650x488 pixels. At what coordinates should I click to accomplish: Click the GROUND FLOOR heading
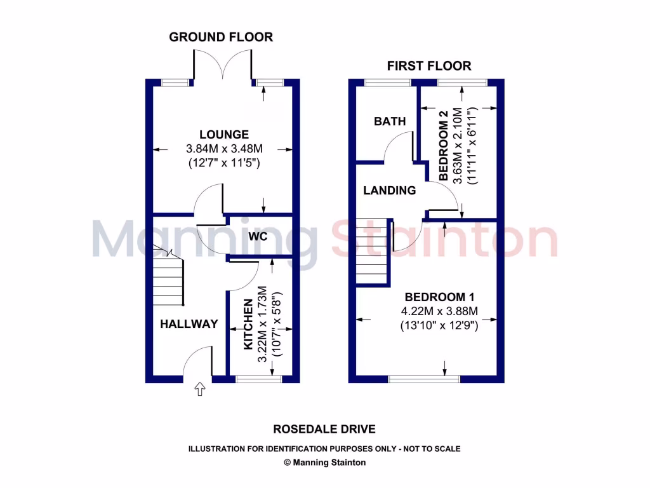(221, 37)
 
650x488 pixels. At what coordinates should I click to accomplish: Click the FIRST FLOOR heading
(429, 66)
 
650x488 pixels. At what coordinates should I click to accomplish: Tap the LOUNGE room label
(223, 135)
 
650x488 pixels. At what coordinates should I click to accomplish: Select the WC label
(258, 236)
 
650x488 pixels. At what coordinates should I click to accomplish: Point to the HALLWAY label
(189, 323)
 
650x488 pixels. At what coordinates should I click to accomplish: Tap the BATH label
(390, 121)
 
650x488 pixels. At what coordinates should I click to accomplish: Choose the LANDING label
(390, 190)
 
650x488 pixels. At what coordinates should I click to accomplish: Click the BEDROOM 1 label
(440, 297)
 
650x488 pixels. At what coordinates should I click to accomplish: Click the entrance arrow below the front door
(201, 389)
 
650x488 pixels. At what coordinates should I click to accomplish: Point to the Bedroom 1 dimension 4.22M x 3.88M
(439, 311)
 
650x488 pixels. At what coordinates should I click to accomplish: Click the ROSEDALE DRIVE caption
(324, 429)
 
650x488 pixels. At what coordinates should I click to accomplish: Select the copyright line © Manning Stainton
(324, 463)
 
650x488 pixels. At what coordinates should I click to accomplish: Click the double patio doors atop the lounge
(223, 67)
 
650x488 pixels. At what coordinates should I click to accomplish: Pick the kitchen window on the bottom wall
(258, 379)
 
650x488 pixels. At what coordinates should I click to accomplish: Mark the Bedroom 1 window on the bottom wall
(424, 379)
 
